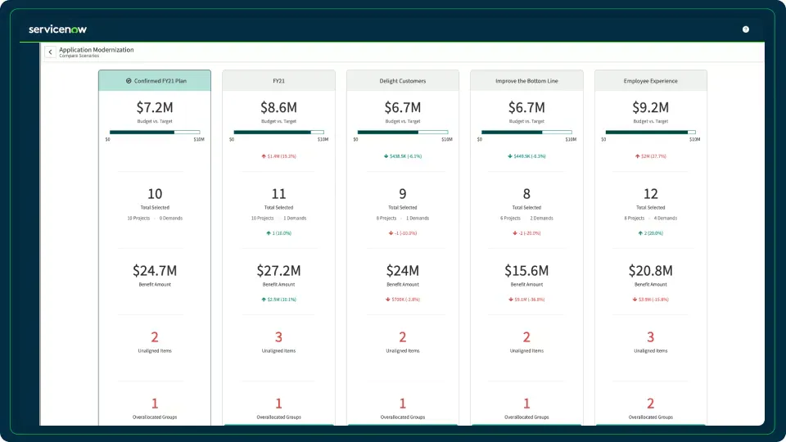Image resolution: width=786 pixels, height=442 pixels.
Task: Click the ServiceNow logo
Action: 57,29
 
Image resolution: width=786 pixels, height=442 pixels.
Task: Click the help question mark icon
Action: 746,29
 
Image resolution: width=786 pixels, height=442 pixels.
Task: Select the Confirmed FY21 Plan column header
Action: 155,81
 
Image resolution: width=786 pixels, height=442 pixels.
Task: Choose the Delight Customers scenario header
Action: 403,81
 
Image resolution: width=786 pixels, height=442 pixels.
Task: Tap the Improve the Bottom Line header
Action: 526,81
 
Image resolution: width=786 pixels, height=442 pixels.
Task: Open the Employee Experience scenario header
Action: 651,81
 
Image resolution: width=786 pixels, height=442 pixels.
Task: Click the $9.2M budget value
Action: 651,107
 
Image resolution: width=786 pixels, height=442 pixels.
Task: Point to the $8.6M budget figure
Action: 278,107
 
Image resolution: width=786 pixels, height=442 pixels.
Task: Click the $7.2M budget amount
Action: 155,107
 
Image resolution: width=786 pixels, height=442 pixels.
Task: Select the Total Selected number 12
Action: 651,194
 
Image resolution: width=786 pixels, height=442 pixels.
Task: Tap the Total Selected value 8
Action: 526,194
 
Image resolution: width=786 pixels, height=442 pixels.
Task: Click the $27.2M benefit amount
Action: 278,271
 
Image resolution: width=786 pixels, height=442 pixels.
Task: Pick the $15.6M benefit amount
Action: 526,271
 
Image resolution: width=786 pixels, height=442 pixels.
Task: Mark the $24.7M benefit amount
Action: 155,271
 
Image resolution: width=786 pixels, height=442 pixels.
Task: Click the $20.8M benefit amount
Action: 651,271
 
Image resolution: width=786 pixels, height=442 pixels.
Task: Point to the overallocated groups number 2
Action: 651,404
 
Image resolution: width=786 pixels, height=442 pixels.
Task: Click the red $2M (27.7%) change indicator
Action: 651,156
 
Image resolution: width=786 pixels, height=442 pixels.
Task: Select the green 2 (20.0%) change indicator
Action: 651,233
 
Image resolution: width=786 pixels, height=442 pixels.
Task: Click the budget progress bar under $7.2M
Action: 155,132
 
